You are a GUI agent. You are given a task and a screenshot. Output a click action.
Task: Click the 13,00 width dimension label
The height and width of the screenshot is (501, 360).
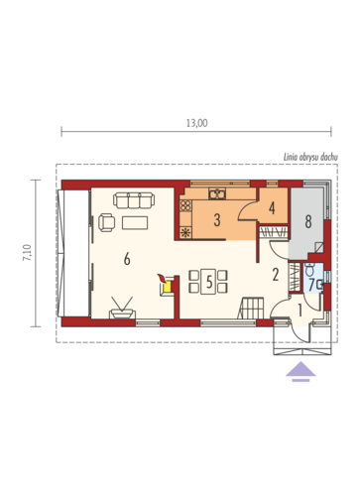pos(197,123)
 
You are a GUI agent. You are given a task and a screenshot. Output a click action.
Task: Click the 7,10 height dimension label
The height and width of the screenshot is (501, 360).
pos(27,253)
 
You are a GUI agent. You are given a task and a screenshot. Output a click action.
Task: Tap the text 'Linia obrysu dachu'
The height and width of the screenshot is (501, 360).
pos(310,158)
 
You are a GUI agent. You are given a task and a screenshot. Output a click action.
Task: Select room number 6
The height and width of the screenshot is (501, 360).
pos(127,259)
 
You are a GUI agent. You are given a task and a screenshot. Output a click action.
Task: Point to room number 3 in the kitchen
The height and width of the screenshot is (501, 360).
pos(217,220)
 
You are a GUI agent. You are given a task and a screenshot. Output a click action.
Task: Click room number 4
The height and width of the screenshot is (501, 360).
pos(272,208)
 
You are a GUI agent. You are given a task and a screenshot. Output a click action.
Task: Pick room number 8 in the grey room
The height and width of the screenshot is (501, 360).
pos(308,221)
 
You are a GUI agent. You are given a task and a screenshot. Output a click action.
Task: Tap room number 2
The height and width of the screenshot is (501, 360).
pos(276,275)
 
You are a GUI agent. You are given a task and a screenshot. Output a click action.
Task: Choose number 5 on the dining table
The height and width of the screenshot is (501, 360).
pos(209,282)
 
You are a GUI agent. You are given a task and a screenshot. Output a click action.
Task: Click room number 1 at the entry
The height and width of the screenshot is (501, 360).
pos(300,311)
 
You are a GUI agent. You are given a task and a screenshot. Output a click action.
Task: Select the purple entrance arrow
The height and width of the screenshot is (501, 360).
pos(300,371)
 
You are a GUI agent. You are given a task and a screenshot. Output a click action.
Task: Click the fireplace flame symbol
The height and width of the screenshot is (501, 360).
pos(162,278)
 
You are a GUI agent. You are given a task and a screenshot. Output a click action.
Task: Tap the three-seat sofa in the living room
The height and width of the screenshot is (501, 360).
pos(134,200)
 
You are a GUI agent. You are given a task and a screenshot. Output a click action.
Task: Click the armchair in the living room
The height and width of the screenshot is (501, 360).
pos(106,222)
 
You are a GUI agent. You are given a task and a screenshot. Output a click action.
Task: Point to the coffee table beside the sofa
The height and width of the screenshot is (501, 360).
pos(135,222)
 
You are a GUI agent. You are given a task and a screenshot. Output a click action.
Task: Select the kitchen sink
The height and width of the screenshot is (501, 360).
pos(217,193)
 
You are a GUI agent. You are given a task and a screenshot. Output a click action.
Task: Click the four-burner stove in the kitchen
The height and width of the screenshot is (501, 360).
pos(185,205)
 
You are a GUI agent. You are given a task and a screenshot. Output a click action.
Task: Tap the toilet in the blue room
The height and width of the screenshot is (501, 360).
pos(309,270)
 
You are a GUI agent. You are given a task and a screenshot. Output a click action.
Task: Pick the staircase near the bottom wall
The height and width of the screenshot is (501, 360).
pos(251,308)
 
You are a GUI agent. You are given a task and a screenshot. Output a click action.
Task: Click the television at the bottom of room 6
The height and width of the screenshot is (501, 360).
pos(122,309)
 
